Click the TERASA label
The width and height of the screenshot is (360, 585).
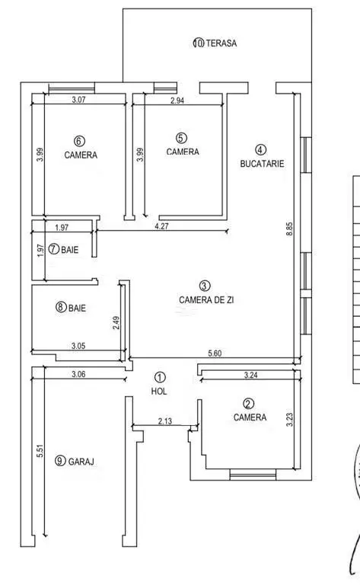(x=221, y=43)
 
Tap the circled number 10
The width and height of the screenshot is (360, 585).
(x=199, y=43)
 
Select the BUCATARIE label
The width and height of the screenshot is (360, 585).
(x=262, y=164)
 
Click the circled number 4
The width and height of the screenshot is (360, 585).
(x=260, y=150)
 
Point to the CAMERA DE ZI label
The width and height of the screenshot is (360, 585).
(x=206, y=300)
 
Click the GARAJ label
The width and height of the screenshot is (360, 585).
(x=81, y=462)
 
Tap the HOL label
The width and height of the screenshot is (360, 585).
(x=159, y=392)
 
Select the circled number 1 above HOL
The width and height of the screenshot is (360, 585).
(x=160, y=378)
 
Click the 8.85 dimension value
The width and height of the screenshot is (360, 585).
(x=289, y=229)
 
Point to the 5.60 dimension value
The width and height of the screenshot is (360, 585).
(x=215, y=353)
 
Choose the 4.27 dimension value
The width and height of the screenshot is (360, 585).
(x=161, y=226)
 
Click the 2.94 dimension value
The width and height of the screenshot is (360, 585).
(x=177, y=101)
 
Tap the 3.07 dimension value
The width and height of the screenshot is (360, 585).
(x=79, y=100)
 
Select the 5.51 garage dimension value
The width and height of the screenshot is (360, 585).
(x=40, y=451)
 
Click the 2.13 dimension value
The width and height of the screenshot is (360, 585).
(x=165, y=421)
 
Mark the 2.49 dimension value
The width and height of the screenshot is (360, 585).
(x=116, y=323)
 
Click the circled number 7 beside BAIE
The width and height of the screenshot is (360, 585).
(x=54, y=249)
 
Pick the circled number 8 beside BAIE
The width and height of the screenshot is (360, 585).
(x=61, y=308)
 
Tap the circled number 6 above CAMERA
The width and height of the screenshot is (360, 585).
(x=80, y=141)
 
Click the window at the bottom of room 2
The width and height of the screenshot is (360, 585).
(x=253, y=475)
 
